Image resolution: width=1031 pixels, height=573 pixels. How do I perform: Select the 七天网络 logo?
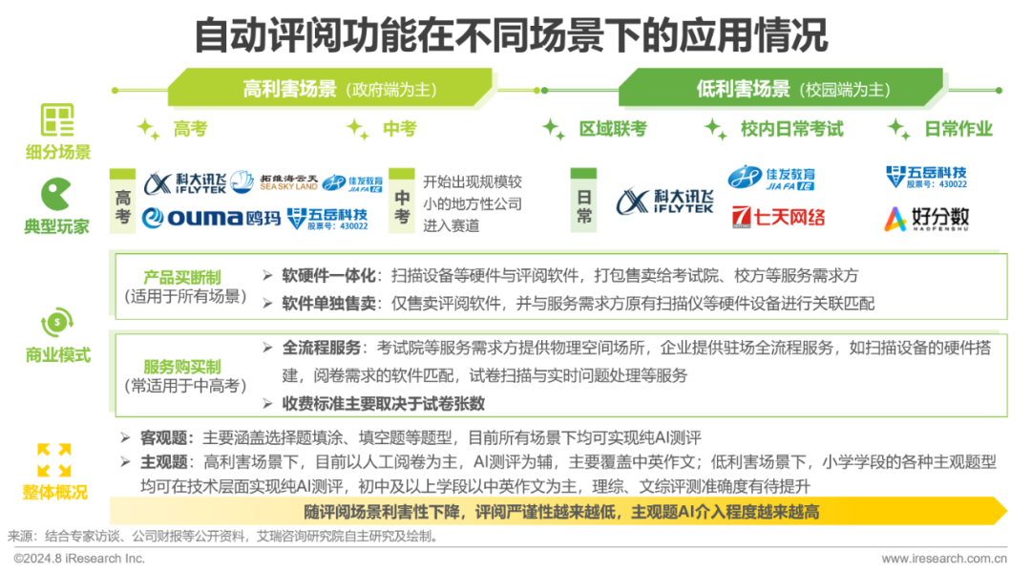778,216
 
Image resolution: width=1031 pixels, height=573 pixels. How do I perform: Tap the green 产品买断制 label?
182,277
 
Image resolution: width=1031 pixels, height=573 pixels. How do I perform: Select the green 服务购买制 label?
182,367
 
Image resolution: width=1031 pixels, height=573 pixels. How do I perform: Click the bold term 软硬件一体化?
329,275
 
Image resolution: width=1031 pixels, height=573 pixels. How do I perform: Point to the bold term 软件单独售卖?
329,304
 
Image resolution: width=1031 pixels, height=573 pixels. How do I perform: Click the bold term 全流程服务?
322,347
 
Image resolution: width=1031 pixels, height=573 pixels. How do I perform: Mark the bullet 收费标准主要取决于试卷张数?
383,404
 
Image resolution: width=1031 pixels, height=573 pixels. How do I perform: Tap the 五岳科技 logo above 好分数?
925,177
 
